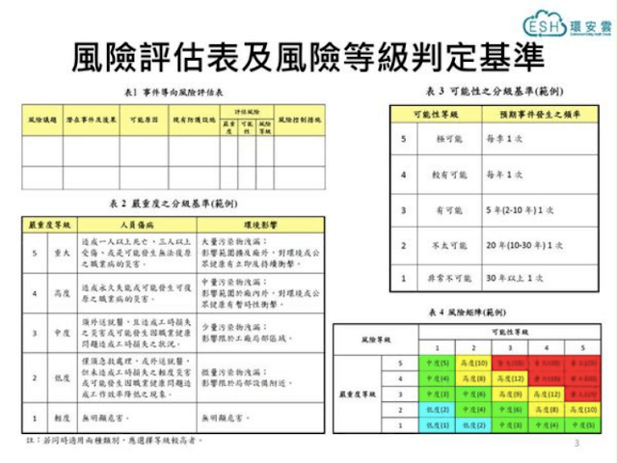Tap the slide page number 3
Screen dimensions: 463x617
[x=576, y=445]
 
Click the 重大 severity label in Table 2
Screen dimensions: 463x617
[x=63, y=253]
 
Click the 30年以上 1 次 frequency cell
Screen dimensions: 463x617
[x=506, y=279]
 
